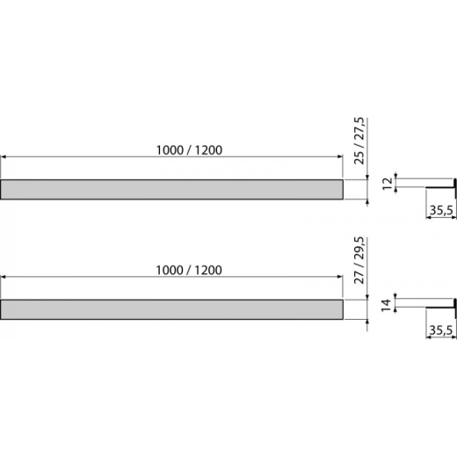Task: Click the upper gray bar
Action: pyautogui.click(x=171, y=189)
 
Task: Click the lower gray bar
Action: pyautogui.click(x=171, y=309)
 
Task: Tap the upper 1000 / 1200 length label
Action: pyautogui.click(x=189, y=150)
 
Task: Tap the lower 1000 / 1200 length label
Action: pyautogui.click(x=189, y=270)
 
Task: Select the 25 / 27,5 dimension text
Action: pyautogui.click(x=359, y=141)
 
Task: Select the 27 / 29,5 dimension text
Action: pyautogui.click(x=359, y=260)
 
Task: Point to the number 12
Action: pyautogui.click(x=388, y=184)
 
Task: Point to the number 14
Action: pyautogui.click(x=387, y=305)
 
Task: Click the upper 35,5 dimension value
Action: pyautogui.click(x=441, y=210)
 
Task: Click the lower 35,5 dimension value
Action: pyautogui.click(x=441, y=330)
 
